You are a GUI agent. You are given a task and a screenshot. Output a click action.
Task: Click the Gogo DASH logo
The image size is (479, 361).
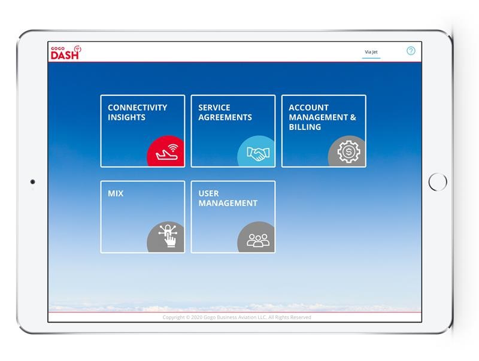[65, 53]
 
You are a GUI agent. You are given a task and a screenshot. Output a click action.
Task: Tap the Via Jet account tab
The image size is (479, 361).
[371, 52]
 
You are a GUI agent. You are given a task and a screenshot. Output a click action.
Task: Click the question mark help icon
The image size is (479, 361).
[411, 51]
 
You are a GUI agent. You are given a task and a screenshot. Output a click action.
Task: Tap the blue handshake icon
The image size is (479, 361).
[257, 153]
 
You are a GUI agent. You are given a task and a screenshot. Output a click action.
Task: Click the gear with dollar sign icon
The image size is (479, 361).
[348, 152]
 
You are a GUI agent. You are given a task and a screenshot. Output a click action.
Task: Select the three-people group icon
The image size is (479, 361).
[258, 239]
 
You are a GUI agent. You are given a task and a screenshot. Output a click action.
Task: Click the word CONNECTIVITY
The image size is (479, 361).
[137, 108]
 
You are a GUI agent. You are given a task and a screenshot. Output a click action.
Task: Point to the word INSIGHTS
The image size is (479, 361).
[126, 117]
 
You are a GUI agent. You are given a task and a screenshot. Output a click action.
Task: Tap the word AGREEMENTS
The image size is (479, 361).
[225, 117]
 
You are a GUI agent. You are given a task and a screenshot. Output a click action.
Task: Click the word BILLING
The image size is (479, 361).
[305, 127]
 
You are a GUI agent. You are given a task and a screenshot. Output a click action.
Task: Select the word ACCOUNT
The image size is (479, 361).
[308, 108]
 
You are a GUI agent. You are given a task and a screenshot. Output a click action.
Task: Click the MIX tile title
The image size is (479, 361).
[116, 193]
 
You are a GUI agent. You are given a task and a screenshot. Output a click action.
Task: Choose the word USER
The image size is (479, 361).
[208, 193]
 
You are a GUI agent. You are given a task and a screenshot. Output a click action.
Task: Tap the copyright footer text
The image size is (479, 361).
[237, 317]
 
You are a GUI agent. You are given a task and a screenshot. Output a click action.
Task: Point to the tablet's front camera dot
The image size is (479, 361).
[32, 182]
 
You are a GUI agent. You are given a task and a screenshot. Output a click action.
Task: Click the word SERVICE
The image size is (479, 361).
[214, 108]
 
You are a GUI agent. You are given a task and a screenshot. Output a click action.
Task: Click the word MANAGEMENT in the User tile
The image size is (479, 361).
[228, 203]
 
